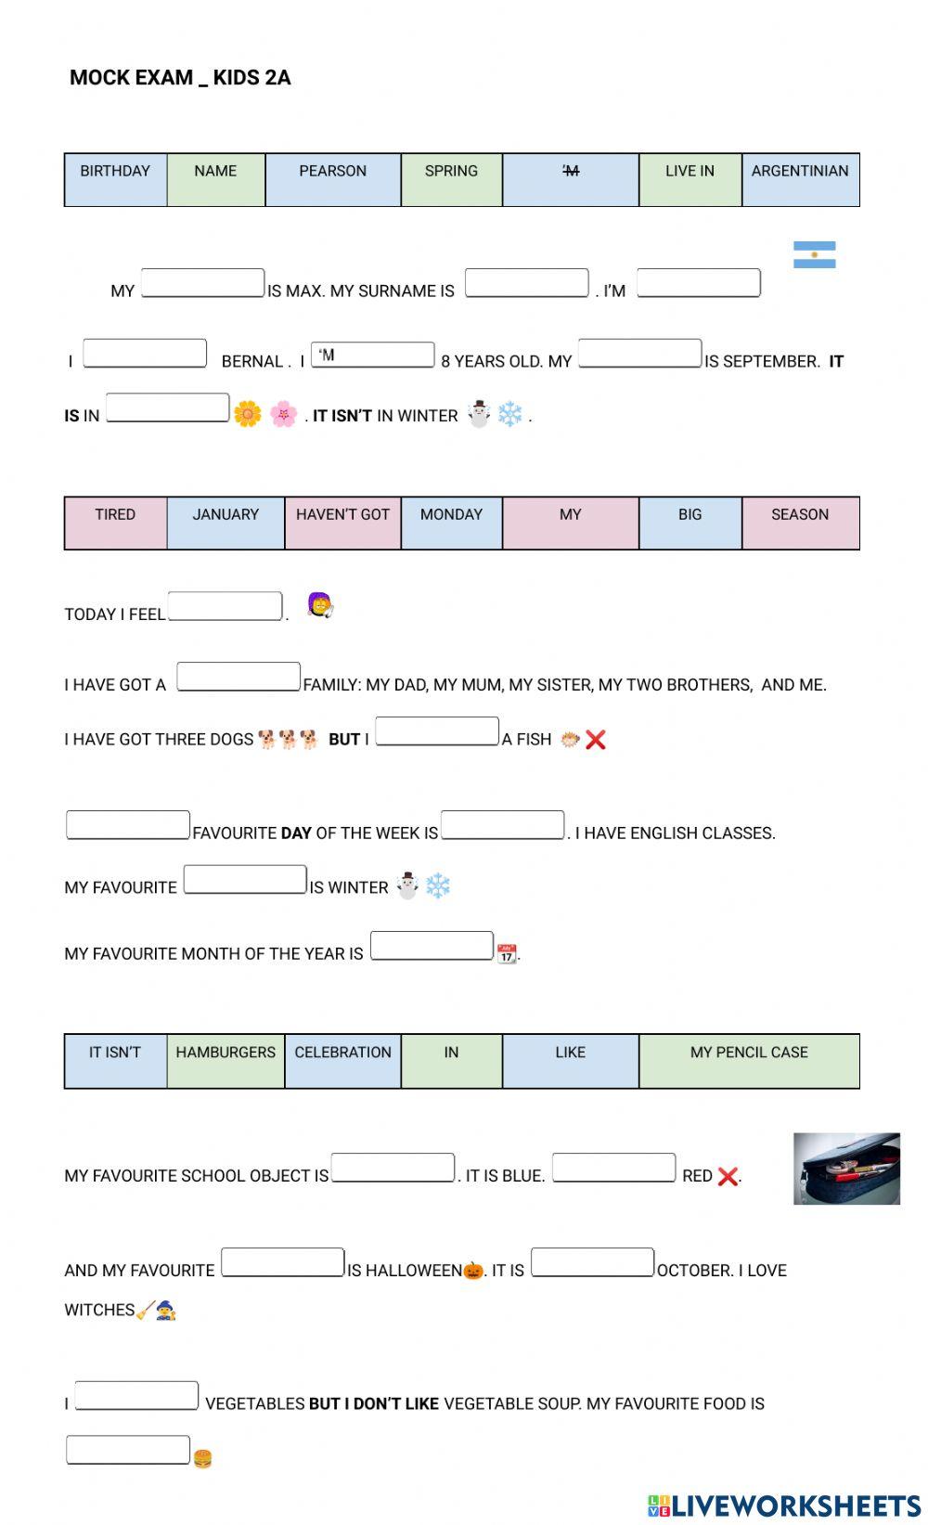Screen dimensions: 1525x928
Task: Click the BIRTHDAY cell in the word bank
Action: coord(115,179)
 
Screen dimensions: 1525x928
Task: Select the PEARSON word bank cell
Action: coord(332,179)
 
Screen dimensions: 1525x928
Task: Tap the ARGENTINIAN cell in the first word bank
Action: coord(800,179)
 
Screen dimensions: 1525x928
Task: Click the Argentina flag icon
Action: coord(814,254)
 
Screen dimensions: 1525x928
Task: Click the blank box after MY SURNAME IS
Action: coord(526,283)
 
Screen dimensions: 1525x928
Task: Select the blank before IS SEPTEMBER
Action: coord(639,354)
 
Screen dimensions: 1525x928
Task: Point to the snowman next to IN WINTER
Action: coord(479,414)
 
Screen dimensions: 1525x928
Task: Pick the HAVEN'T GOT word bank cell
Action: coord(342,523)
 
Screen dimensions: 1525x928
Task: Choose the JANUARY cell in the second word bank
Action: coord(226,523)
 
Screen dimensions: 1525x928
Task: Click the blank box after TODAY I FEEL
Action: coord(225,606)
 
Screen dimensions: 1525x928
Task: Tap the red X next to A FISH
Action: coord(596,740)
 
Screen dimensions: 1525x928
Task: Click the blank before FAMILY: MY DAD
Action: coord(238,677)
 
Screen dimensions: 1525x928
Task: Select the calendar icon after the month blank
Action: coord(507,953)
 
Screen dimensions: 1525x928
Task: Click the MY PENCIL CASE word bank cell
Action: coord(749,1060)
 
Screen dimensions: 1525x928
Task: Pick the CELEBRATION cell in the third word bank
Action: coord(342,1060)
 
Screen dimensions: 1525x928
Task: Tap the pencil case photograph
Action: coord(846,1169)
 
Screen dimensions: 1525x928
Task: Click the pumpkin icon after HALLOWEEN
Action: coord(473,1270)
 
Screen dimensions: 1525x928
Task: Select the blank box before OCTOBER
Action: coord(592,1262)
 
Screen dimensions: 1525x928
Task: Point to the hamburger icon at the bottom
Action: coord(202,1458)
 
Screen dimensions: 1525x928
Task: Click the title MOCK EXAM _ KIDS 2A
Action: coord(180,77)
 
